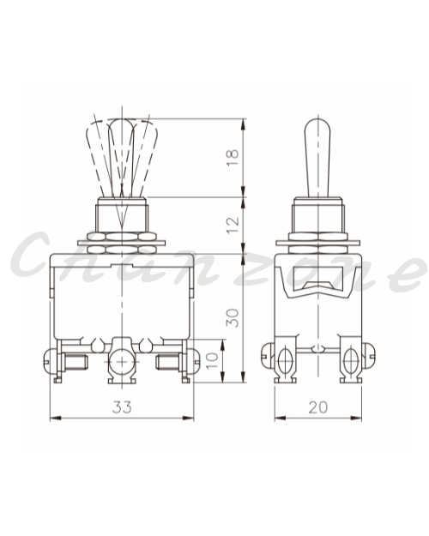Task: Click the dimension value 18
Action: tap(233, 158)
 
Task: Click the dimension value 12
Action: tap(233, 225)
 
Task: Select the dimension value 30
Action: tap(233, 318)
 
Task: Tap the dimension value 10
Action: tap(213, 360)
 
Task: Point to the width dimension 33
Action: tap(122, 407)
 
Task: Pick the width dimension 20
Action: tap(318, 407)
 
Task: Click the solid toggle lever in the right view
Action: tap(317, 158)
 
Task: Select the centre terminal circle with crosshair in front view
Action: tap(122, 362)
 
